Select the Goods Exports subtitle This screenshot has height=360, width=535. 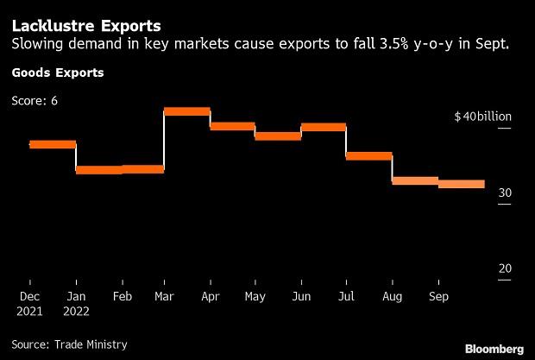click(57, 73)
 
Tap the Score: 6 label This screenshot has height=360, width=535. click(35, 101)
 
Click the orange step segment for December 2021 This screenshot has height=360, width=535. click(53, 144)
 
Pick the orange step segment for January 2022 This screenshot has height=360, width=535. click(98, 170)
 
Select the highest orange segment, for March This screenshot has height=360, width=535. click(187, 111)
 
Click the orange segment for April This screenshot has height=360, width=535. click(232, 126)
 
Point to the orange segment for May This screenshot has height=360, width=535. click(278, 136)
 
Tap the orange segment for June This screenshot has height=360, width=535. click(323, 127)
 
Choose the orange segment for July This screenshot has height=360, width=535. click(368, 156)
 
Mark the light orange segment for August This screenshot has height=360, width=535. click(414, 180)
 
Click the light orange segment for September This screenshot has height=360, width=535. click(461, 184)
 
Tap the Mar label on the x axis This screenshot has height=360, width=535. click(164, 296)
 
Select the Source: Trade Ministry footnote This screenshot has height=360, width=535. click(69, 344)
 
